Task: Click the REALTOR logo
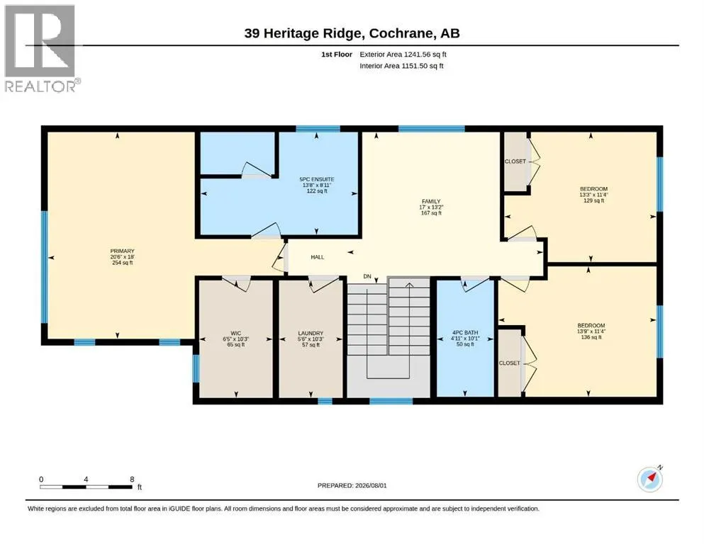[x=43, y=48]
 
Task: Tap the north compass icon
[x=649, y=479]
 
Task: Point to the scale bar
[x=86, y=487]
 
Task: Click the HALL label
[x=318, y=257]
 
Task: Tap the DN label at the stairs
[x=367, y=276]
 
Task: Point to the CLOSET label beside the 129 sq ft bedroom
[x=515, y=161]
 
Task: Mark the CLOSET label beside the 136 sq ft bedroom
[x=510, y=363]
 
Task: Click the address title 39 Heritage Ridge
[x=302, y=33]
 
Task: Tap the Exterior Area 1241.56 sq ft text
[x=403, y=55]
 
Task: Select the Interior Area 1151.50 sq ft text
[x=401, y=66]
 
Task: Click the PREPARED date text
[x=352, y=485]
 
